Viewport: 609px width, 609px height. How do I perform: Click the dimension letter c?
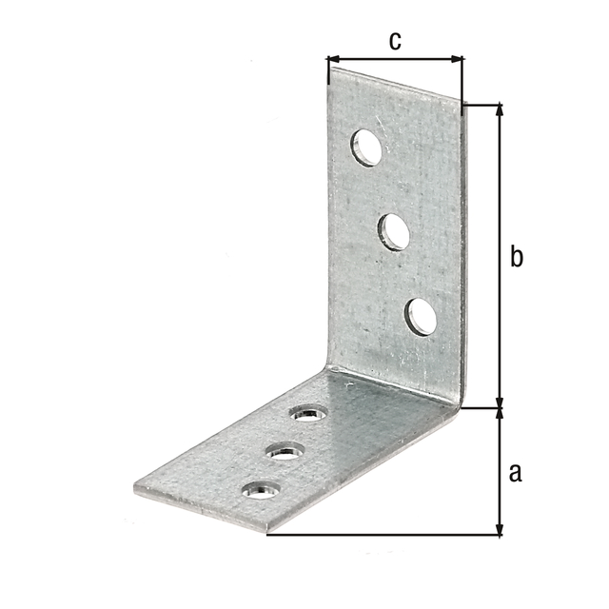pyautogui.click(x=395, y=41)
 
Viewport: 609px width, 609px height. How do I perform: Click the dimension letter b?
pyautogui.click(x=517, y=255)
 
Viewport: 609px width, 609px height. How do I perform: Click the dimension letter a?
pyautogui.click(x=516, y=473)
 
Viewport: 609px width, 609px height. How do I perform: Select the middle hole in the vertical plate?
pyautogui.click(x=393, y=232)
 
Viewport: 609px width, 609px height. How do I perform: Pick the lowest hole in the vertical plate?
pyautogui.click(x=421, y=317)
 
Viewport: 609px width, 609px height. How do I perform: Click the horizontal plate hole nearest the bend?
pyautogui.click(x=309, y=413)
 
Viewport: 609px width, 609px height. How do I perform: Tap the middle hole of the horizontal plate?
pyautogui.click(x=285, y=451)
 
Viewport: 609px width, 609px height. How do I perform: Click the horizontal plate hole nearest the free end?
pyautogui.click(x=261, y=490)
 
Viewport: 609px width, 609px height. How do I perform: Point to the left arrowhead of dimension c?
pyautogui.click(x=333, y=59)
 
